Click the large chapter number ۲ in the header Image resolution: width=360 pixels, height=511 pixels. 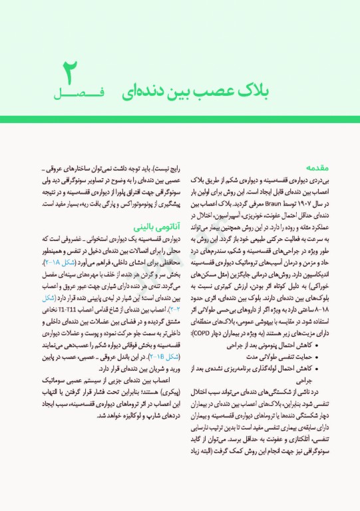[x=69, y=73]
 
